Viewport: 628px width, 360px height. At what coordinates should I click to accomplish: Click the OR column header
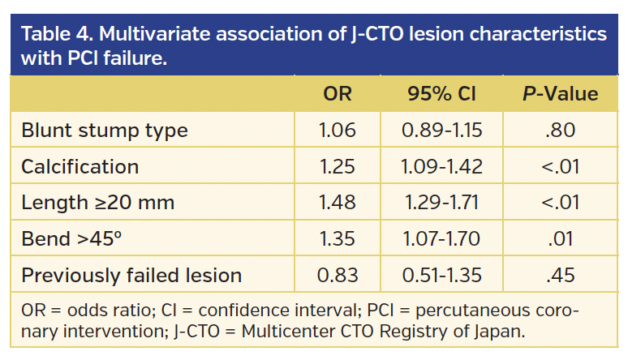point(338,94)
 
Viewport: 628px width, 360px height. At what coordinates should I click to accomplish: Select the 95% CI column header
point(441,94)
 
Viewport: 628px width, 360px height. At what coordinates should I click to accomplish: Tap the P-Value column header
point(559,94)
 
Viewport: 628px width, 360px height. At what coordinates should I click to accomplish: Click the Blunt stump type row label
point(105,131)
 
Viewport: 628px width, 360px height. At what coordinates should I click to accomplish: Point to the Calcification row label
point(80,167)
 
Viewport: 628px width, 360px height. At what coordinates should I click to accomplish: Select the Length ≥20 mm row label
point(98,203)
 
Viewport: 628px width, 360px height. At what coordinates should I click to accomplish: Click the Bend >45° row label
point(75,239)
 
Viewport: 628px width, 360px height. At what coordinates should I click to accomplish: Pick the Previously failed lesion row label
point(131,275)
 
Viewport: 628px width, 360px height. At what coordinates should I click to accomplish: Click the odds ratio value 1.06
point(338,131)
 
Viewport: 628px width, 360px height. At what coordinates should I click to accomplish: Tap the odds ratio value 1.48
point(338,203)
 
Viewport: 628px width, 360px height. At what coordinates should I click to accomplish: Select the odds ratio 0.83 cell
point(338,275)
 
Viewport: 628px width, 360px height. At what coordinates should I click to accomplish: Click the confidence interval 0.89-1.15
point(441,131)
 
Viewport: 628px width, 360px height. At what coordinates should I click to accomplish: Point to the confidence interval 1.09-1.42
point(441,167)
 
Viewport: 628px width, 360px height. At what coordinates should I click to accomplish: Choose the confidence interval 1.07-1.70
point(441,239)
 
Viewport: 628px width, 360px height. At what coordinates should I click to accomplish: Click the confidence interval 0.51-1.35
point(441,275)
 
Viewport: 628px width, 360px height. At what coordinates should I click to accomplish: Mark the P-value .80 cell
point(559,131)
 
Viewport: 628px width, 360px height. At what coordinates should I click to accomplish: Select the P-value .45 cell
point(559,275)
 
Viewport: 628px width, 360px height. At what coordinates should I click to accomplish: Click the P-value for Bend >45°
point(559,239)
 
